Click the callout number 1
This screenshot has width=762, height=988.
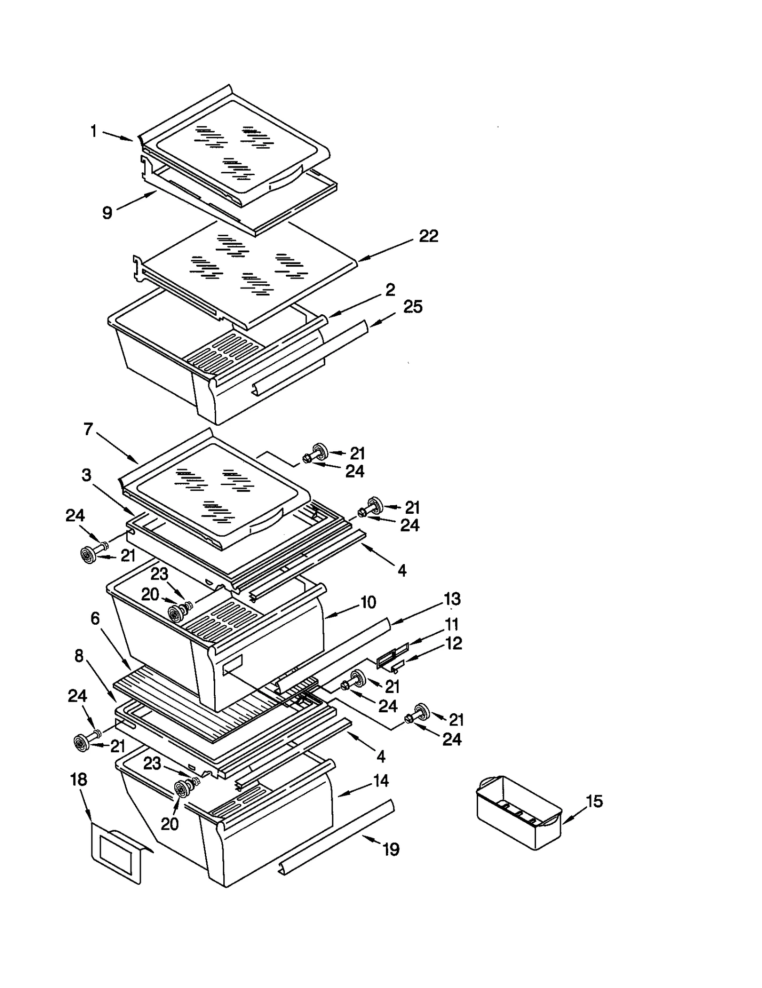click(94, 131)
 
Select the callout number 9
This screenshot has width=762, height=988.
click(108, 212)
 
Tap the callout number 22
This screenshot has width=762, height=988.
click(428, 236)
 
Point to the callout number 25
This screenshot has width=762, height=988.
click(412, 307)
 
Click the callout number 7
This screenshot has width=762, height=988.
click(88, 429)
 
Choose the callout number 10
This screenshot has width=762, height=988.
click(368, 602)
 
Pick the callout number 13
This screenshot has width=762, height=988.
click(451, 599)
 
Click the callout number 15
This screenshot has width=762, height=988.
click(594, 801)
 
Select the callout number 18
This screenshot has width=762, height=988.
click(79, 779)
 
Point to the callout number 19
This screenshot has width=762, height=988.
click(391, 849)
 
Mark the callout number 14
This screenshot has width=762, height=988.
click(381, 781)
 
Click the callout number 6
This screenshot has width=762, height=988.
click(95, 619)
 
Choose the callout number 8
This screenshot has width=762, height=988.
click(79, 656)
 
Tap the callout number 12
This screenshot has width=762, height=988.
click(453, 643)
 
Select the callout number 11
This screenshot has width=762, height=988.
click(451, 624)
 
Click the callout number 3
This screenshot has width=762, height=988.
click(86, 475)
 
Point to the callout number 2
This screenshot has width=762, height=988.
click(390, 289)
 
